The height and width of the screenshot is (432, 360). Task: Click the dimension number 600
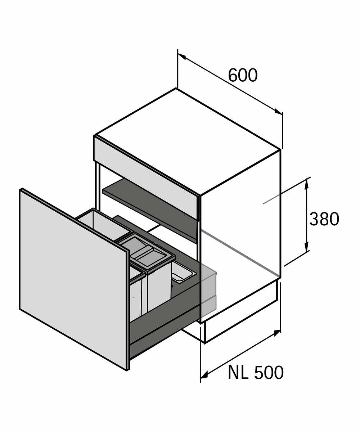[x=243, y=76]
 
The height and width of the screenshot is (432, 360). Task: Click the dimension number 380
[x=324, y=219]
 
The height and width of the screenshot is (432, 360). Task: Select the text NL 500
[x=256, y=373]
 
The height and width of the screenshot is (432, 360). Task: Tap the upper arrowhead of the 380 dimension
[x=306, y=183]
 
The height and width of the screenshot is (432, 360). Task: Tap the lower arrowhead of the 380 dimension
[x=306, y=248]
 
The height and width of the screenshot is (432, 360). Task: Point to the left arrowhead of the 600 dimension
[x=182, y=57]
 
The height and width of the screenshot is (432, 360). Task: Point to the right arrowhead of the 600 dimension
[x=278, y=112]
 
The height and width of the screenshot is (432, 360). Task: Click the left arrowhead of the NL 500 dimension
[x=204, y=375]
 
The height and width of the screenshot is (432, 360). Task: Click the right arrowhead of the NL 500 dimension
[x=277, y=333]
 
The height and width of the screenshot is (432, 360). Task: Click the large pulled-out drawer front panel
[x=72, y=277]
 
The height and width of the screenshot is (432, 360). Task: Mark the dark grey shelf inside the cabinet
[x=151, y=209]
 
